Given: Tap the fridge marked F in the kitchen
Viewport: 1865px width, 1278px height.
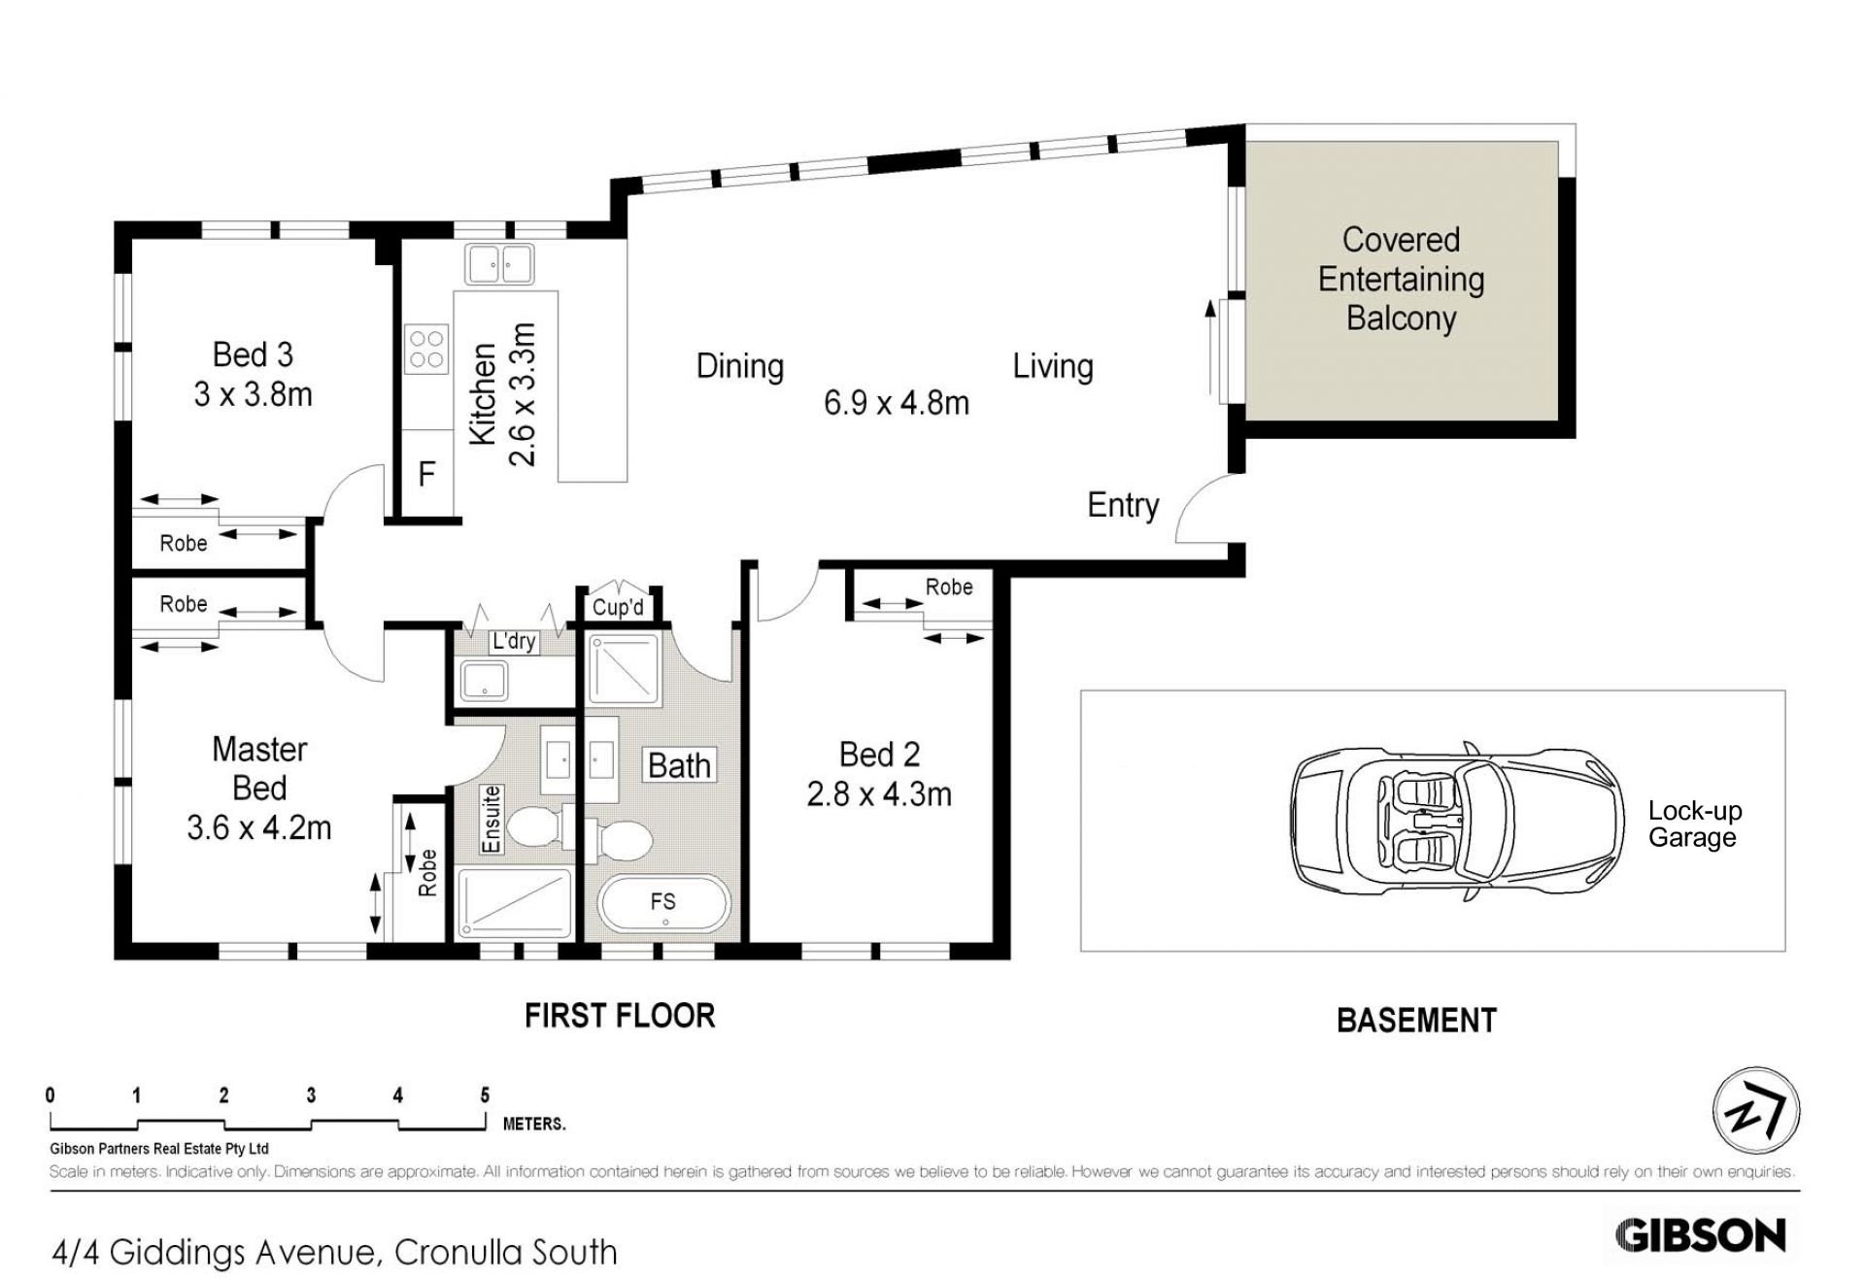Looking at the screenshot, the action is tap(427, 473).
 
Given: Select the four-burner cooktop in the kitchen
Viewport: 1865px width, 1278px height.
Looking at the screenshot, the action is tap(426, 349).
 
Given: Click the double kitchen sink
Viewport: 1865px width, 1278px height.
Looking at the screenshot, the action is tap(499, 263).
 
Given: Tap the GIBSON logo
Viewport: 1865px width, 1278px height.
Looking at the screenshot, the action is tap(1700, 1235).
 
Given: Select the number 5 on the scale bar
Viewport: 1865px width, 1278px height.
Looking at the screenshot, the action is tap(485, 1095).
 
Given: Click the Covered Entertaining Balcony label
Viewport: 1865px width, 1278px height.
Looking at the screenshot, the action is tap(1401, 279).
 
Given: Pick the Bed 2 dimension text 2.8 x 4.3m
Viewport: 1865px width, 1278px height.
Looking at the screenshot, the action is tap(879, 794).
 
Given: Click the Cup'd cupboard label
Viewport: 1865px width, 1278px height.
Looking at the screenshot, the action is tap(618, 608).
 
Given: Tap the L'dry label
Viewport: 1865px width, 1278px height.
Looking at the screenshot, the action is tap(514, 641).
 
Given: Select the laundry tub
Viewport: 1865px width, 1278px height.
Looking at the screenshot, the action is tap(484, 680).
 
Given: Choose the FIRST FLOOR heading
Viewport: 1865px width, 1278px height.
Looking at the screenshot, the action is tap(620, 1016).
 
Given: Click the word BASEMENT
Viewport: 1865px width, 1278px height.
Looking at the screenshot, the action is tap(1416, 1021).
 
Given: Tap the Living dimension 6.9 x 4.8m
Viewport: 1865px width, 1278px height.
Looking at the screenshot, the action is tap(897, 402).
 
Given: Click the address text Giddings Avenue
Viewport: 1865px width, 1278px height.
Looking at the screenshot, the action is tap(249, 1252).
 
